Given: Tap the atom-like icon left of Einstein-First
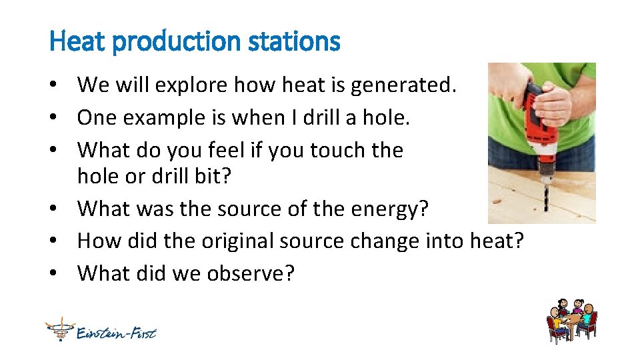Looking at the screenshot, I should click(59, 329).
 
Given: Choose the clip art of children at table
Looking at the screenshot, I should click(571, 321).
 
